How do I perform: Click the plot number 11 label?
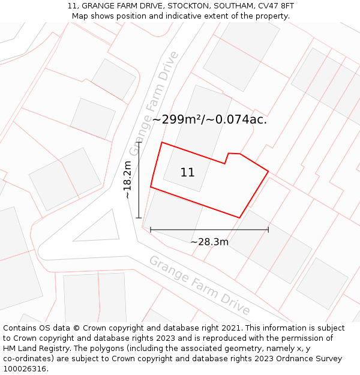[187, 173]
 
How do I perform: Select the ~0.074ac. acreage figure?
[237, 119]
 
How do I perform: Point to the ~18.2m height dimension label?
[127, 180]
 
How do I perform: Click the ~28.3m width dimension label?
[209, 242]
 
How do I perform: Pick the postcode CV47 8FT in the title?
[275, 6]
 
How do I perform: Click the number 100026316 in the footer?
[25, 369]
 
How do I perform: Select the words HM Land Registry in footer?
[34, 349]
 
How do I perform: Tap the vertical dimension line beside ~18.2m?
[139, 180]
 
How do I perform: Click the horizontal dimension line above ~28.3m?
[209, 229]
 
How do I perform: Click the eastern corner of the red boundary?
[268, 172]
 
